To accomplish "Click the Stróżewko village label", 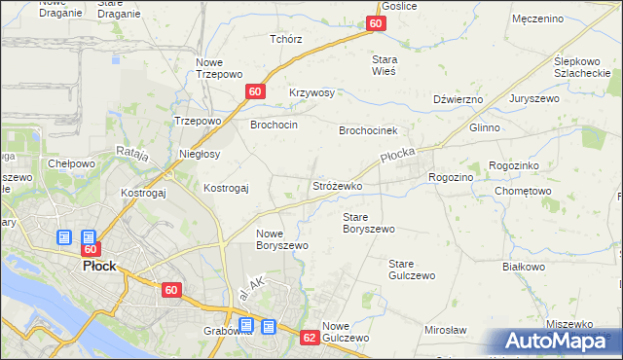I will (337, 185).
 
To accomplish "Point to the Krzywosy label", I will (311, 93).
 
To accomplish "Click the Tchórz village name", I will (286, 39).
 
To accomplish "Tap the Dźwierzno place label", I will (458, 99).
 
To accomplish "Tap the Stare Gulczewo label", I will (411, 270).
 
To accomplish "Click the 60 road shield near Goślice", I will (377, 23).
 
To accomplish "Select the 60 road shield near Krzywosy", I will (254, 91).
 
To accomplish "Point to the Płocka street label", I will (398, 158).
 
